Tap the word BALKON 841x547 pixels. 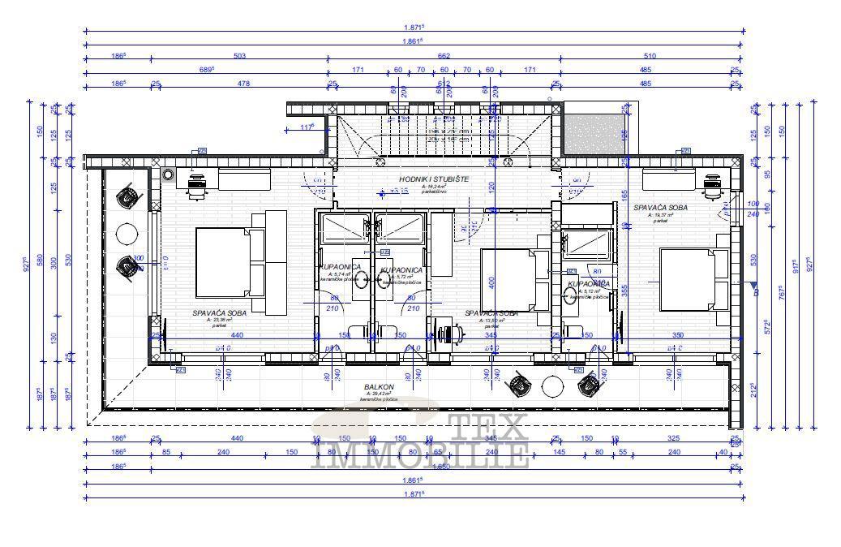tap(379, 387)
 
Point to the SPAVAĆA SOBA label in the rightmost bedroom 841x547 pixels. tap(660, 208)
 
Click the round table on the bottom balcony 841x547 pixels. tap(552, 385)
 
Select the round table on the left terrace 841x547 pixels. tap(127, 234)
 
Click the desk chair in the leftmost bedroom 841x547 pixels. tap(196, 187)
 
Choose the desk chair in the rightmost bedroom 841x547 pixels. tap(712, 186)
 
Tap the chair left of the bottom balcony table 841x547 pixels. tap(517, 383)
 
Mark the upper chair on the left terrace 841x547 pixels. tap(127, 196)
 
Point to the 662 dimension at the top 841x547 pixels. tap(443, 56)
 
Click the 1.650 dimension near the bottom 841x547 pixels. tap(443, 467)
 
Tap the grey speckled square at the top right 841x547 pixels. tap(594, 131)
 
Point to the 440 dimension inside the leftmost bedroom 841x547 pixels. tap(237, 334)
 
